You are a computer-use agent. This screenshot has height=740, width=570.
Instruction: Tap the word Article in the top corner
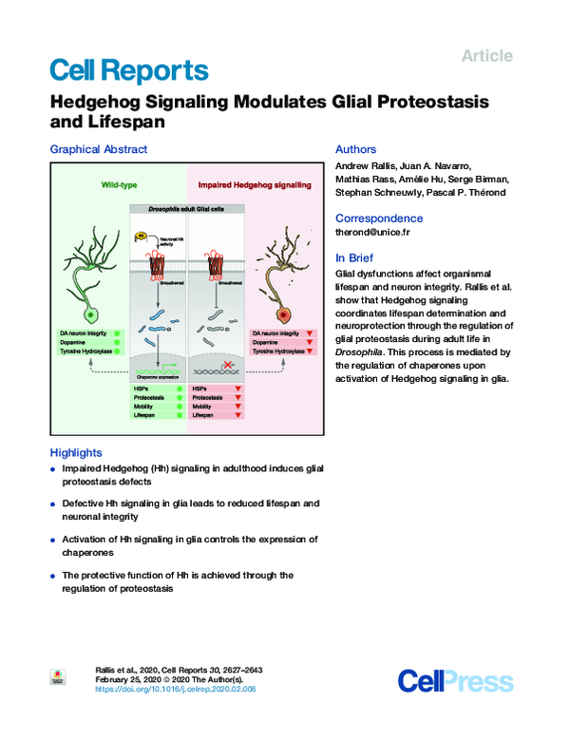click(x=486, y=56)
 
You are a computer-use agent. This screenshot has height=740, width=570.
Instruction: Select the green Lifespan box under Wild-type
click(x=158, y=416)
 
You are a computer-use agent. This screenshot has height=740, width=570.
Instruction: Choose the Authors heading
click(x=356, y=149)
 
